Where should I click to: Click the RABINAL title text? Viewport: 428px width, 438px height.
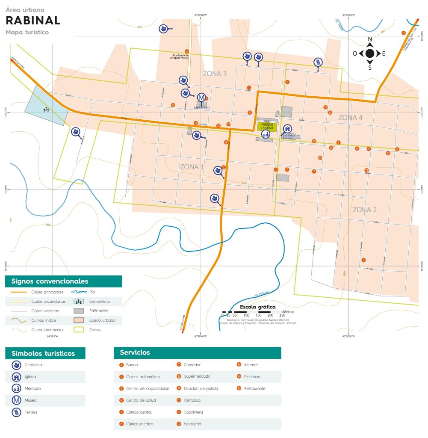point(33,21)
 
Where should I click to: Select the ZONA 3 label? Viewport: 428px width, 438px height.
point(215,74)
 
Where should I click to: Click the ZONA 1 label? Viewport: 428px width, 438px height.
point(192,167)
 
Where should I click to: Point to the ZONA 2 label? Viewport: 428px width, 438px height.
point(364,210)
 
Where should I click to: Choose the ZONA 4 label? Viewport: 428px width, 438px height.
point(350,118)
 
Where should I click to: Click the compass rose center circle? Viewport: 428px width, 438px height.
point(370,53)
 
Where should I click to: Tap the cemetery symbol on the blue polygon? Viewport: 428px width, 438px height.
point(46,109)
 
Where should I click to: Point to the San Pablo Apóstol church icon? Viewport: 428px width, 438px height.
point(288,128)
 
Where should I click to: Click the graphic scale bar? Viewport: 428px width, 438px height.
point(252,312)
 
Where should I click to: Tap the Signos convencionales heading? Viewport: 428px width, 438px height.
point(50,281)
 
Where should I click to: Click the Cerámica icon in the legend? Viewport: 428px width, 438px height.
point(16,365)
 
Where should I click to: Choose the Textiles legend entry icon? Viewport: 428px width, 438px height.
point(16,412)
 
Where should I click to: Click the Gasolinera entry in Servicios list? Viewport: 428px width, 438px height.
point(193,412)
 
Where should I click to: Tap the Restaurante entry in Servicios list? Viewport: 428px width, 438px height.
point(254,388)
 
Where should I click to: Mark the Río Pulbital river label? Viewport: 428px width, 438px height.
point(261,294)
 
